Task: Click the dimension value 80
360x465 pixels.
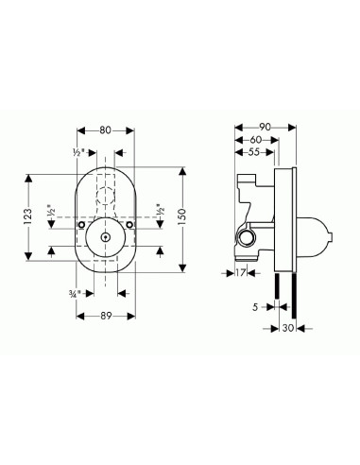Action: coord(106,130)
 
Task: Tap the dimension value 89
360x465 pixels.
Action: coord(106,316)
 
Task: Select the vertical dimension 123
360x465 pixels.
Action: coord(27,217)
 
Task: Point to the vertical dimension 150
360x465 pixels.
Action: coord(182,217)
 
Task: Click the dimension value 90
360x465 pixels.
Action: coord(265,127)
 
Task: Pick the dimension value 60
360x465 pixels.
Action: coord(256,140)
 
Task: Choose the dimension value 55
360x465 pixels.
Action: coord(254,152)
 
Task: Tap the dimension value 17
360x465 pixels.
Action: coord(240,273)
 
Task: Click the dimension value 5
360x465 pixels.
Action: coord(255,307)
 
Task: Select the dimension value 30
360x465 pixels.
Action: coord(288,328)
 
